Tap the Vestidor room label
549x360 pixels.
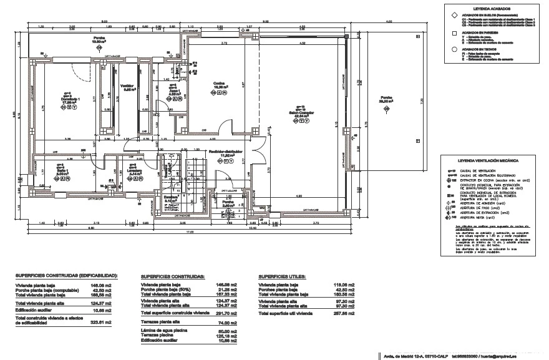[128, 87]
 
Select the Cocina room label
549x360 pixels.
[219, 84]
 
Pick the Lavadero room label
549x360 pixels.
[137, 172]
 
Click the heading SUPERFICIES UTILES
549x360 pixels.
[281, 275]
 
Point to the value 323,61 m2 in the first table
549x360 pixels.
[103, 323]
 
